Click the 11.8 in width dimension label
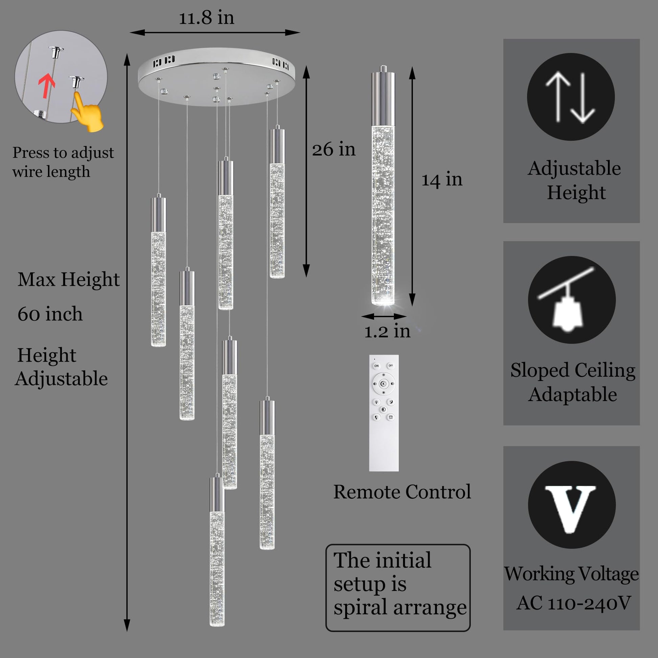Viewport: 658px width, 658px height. coord(207,18)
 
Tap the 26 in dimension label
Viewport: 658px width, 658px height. coord(334,149)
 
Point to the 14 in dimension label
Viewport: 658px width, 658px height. coord(442,180)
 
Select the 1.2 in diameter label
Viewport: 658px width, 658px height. coord(387,331)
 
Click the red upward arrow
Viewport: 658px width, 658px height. coord(47,86)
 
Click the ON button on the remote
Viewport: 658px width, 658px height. coord(376,366)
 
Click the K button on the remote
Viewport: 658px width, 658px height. coord(383,384)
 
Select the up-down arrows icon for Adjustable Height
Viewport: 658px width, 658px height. coord(571,97)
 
